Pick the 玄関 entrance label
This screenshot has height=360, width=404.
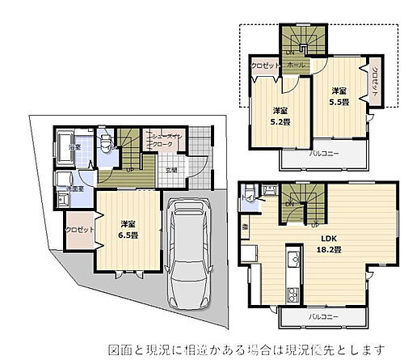pyautogui.click(x=171, y=170)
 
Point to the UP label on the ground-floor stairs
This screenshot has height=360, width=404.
pyautogui.click(x=129, y=170)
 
